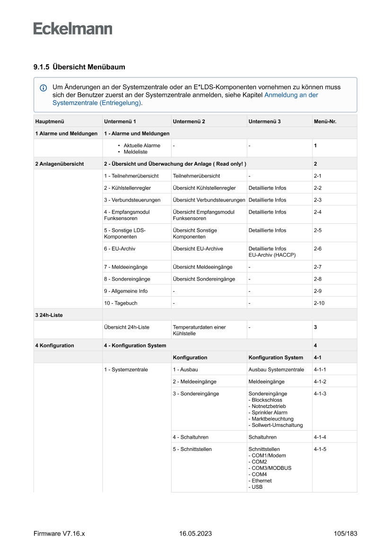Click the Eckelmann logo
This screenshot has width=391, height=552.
73,29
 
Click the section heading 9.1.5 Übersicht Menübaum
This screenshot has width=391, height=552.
79,67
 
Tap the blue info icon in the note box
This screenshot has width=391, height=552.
43,88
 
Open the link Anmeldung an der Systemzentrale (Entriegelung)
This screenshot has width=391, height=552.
291,95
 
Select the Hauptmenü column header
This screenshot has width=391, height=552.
49,121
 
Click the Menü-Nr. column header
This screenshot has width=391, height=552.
325,121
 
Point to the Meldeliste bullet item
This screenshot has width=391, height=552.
135,152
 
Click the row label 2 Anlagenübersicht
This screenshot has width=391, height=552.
59,164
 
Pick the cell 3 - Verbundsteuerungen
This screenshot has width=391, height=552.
132,200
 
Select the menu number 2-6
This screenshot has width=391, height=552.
318,248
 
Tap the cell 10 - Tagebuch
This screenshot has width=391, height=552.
121,303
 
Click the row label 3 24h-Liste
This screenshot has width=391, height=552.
49,315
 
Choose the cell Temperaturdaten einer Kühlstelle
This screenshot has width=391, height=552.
199,330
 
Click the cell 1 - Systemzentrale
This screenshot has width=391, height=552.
126,370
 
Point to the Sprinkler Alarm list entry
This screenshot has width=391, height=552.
269,412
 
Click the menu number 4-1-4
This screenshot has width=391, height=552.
320,437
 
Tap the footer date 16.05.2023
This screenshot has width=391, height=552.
195,534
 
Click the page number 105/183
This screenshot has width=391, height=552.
345,534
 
